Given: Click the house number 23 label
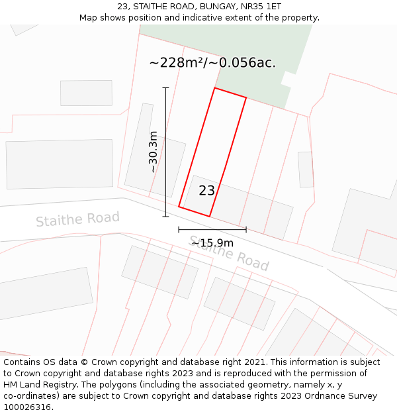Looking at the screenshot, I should (x=206, y=191).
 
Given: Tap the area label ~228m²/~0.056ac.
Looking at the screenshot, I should (x=212, y=63).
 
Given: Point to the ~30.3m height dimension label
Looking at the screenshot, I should (x=153, y=152).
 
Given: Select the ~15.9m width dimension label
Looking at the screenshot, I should (x=212, y=242).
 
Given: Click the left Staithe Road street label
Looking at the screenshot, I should (x=77, y=219).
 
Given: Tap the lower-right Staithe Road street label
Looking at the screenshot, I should (x=229, y=254).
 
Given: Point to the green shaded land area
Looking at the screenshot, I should (x=265, y=66).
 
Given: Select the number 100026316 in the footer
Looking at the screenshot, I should (x=27, y=407).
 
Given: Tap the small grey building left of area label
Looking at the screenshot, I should (x=86, y=93).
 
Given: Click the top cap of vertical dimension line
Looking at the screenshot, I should (x=165, y=87).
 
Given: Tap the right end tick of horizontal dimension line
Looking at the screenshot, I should (x=246, y=230).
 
